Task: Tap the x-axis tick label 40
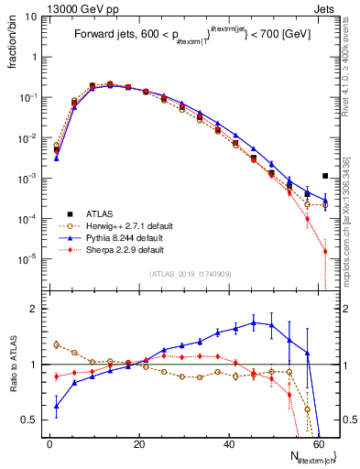[228, 444]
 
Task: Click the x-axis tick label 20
[138, 444]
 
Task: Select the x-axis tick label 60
[317, 444]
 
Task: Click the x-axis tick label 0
[49, 444]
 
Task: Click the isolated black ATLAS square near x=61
[325, 176]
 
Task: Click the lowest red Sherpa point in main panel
[325, 251]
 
